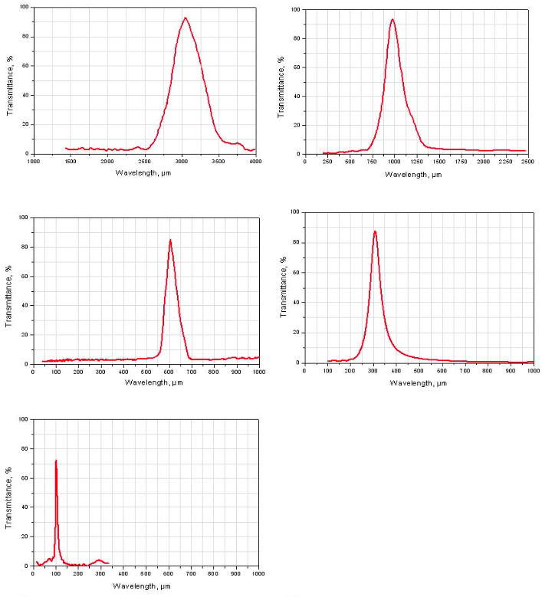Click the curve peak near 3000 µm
tap(185, 18)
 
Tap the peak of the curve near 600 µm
tap(170, 240)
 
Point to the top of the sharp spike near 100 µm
tap(56, 461)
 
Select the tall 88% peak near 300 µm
tap(375, 231)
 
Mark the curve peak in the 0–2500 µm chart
tap(393, 19)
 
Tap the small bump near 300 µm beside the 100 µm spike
tap(99, 560)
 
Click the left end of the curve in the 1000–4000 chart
tap(66, 148)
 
